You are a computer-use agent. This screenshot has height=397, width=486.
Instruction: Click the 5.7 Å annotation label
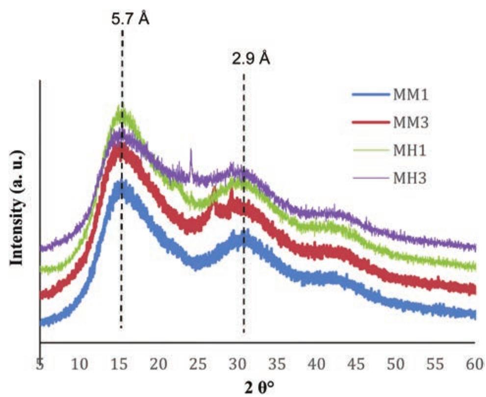pyautogui.click(x=128, y=20)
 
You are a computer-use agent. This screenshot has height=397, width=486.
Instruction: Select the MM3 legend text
pyautogui.click(x=411, y=122)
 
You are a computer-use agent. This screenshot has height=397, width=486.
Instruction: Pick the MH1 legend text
pyautogui.click(x=411, y=150)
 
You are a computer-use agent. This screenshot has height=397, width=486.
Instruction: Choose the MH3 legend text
pyautogui.click(x=411, y=178)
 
